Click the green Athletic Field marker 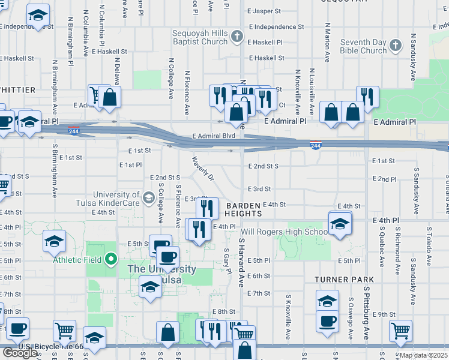[x=110, y=259]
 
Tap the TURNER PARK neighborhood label [x=344, y=280]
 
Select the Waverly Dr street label [x=203, y=169]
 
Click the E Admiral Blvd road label [x=214, y=136]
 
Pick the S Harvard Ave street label [x=241, y=262]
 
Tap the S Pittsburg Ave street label [x=365, y=309]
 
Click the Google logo [x=20, y=353]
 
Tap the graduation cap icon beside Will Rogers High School [x=340, y=224]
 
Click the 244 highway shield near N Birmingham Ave [x=73, y=130]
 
